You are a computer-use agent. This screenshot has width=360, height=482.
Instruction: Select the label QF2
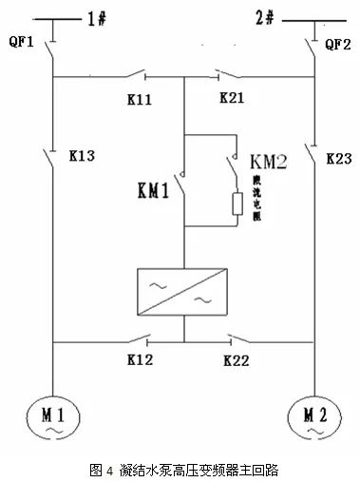pyautogui.click(x=338, y=44)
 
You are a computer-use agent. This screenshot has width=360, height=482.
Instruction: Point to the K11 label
pyautogui.click(x=139, y=98)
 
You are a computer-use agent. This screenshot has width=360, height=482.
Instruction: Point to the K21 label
pyautogui.click(x=233, y=98)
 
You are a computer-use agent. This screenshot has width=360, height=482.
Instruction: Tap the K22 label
pyautogui.click(x=237, y=360)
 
